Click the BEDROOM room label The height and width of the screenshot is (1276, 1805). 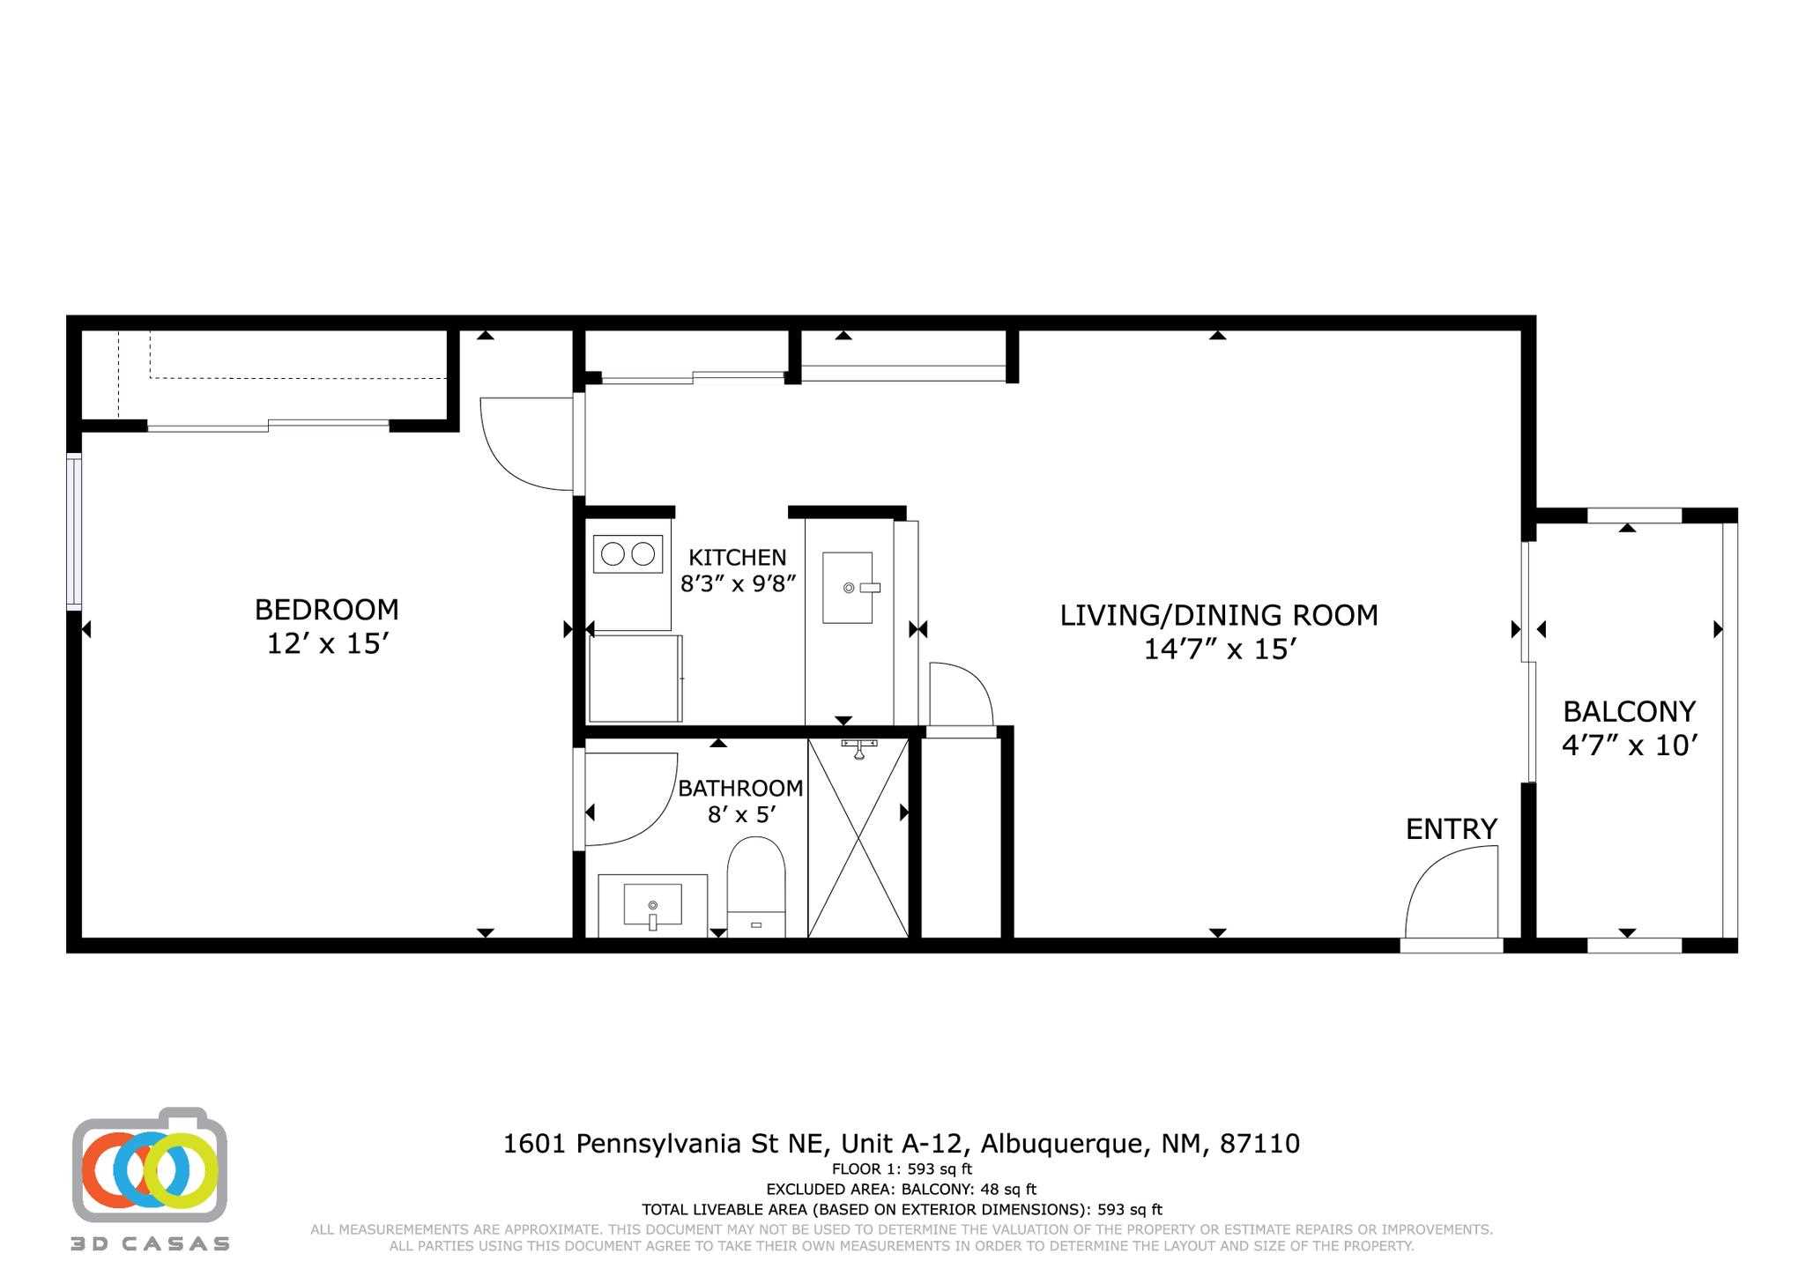(x=326, y=610)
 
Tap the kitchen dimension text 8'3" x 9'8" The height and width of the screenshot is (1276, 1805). (x=738, y=583)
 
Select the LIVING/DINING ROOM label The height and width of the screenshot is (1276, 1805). (x=1218, y=615)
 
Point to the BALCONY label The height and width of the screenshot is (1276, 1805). (x=1629, y=711)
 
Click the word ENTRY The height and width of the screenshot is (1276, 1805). (x=1451, y=829)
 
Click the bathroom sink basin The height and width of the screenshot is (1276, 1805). (x=652, y=906)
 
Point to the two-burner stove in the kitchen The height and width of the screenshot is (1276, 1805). (x=628, y=554)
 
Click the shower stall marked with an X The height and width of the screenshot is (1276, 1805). (x=858, y=838)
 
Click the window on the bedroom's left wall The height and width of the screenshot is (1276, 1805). (x=75, y=531)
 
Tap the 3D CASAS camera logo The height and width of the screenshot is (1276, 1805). (x=150, y=1168)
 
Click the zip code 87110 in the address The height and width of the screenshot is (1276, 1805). (x=1259, y=1144)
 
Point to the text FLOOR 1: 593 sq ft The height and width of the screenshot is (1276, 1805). (x=902, y=1169)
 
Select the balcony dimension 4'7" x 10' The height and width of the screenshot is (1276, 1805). (x=1629, y=746)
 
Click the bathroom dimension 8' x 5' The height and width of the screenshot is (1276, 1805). (x=740, y=814)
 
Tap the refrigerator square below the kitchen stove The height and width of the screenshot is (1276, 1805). (x=635, y=678)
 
